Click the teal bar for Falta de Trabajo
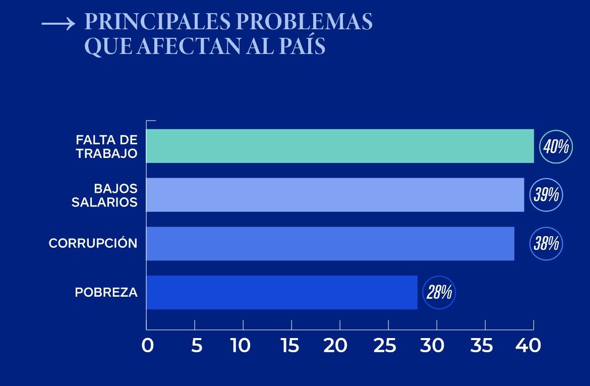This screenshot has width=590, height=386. point(340,146)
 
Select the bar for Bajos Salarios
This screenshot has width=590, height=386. point(335,195)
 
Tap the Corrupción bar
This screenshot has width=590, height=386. point(330,243)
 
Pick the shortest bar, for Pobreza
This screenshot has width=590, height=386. point(281,292)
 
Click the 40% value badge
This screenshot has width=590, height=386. point(556,146)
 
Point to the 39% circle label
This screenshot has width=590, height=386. point(546,195)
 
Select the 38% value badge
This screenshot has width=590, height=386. point(546,244)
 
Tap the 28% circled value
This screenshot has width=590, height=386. point(439,292)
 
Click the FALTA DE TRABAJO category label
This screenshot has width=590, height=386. point(106,146)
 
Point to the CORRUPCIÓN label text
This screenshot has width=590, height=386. point(93,243)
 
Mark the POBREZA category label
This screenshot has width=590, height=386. point(106,292)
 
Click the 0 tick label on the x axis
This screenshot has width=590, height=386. point(147,346)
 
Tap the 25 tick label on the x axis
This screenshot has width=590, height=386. point(386,346)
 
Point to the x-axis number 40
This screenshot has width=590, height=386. point(528,346)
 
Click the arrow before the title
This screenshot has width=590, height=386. point(58,24)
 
